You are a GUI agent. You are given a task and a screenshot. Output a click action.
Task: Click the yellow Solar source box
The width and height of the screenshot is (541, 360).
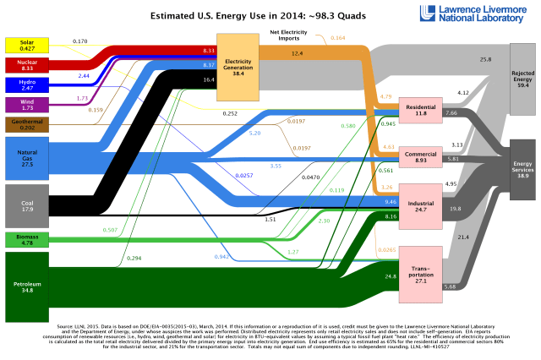tap(25, 44)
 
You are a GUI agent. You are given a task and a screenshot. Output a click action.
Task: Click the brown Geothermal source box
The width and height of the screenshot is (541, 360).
tap(25, 125)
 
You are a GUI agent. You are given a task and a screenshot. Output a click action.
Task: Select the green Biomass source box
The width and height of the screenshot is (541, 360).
tap(25, 240)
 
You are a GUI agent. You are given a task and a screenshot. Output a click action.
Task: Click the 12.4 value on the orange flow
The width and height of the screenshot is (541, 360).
tap(297, 53)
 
